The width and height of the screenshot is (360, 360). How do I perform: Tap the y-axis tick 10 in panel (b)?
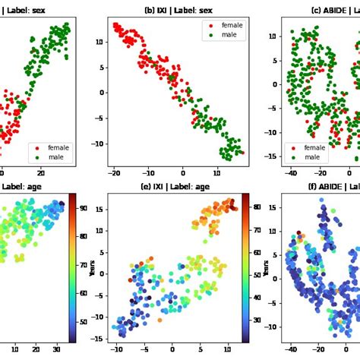point(100,42)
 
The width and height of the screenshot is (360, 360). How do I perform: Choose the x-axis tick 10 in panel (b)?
point(217,173)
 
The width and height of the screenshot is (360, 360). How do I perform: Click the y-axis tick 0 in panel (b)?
point(103,93)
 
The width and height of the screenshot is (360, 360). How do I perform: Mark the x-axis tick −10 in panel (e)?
point(115,349)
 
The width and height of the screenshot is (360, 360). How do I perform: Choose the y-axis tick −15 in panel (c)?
point(273,161)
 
